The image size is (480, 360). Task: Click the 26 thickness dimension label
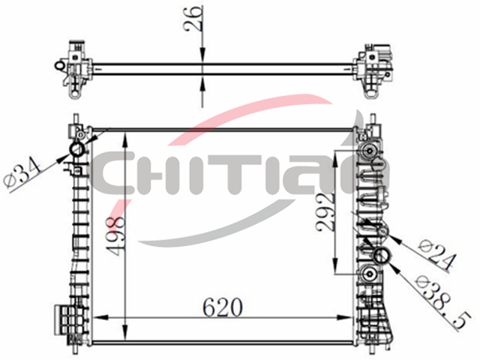[x=193, y=18]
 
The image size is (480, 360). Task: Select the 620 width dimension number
[x=223, y=307]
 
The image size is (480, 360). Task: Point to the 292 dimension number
[x=325, y=212]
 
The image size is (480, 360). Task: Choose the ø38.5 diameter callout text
[x=443, y=303]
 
